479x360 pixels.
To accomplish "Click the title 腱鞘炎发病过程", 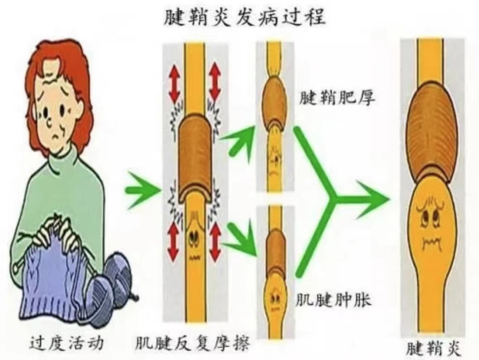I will coord(244,18).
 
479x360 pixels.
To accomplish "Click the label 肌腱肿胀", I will coord(334,300).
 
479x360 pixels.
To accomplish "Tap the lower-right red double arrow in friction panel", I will coord(216,242).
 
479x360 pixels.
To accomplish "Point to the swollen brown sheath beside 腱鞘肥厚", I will coord(275,100).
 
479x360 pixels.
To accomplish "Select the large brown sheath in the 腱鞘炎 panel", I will coord(431,129).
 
